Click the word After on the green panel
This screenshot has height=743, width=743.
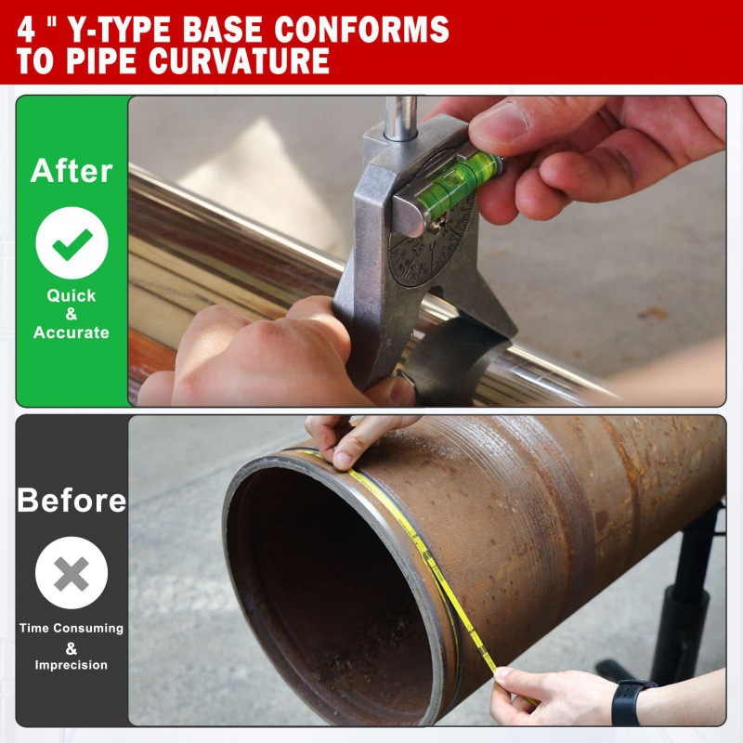(72, 171)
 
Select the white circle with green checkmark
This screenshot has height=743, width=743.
(72, 242)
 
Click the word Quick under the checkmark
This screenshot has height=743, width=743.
(72, 295)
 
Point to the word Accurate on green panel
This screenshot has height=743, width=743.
(72, 332)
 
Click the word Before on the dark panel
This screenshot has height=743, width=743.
(72, 501)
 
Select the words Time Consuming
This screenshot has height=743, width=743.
(72, 628)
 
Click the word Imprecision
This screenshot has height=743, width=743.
(72, 665)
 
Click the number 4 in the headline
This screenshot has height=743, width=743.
(27, 28)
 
